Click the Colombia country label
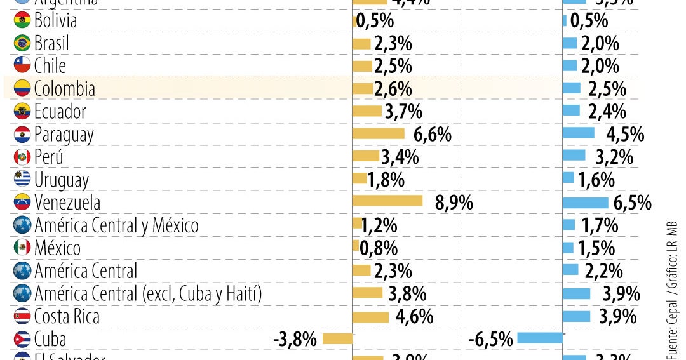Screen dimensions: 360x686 [x=64, y=89]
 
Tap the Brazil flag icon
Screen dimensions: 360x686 [x=22, y=44]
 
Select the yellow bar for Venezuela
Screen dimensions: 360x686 [x=387, y=201]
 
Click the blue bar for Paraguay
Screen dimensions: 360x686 [x=579, y=133]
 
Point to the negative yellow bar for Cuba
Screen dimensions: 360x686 [x=337, y=338]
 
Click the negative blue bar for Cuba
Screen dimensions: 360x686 [x=540, y=338]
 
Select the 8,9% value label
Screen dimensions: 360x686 [x=454, y=203]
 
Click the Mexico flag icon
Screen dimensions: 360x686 [x=22, y=248]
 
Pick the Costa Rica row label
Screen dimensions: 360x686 [x=67, y=316]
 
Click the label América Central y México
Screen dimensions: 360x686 [x=116, y=225]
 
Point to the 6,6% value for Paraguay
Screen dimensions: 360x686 [x=432, y=135]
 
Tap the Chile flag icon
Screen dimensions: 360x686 [x=22, y=66]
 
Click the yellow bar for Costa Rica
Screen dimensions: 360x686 [x=370, y=317]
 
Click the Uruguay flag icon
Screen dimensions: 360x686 [x=22, y=180]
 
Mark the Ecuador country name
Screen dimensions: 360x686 [x=60, y=112]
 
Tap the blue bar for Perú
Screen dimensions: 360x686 [x=574, y=156]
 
